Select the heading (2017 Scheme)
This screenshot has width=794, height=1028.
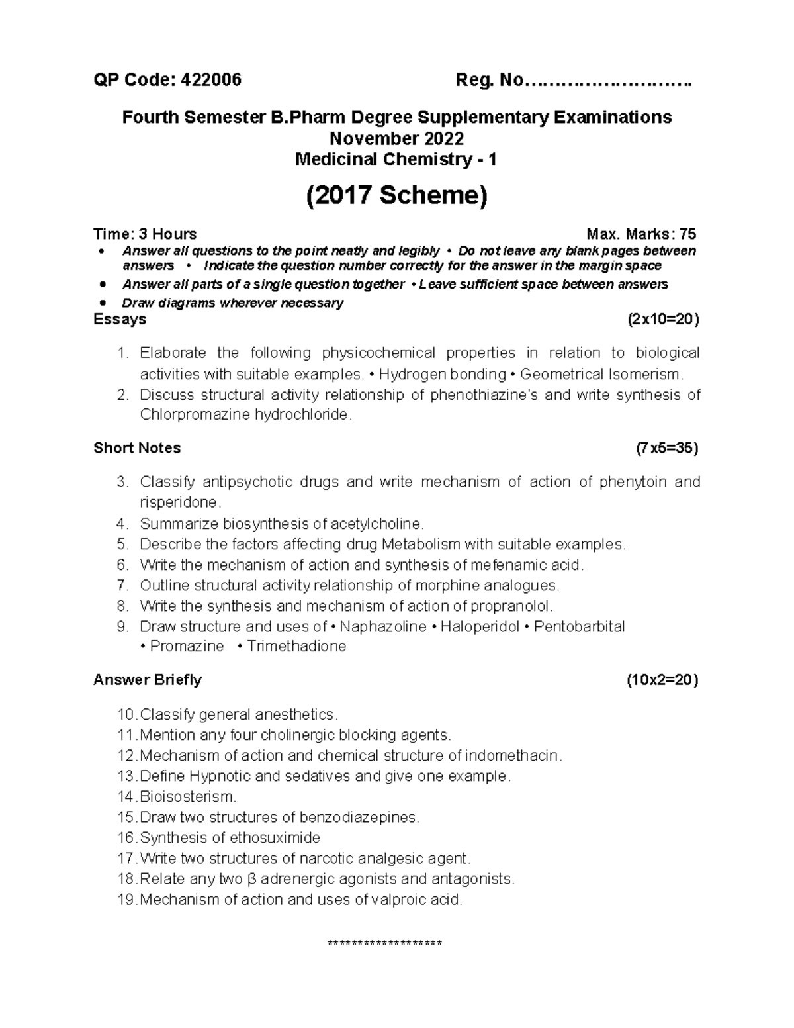click(396, 196)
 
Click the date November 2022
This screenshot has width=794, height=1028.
click(396, 138)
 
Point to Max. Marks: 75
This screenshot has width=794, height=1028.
click(641, 234)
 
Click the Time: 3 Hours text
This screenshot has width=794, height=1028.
click(145, 234)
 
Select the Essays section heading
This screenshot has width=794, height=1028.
click(120, 320)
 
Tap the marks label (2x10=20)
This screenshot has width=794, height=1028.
click(662, 320)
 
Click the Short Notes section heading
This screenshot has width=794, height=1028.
click(137, 448)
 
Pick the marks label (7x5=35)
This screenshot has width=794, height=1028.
click(666, 448)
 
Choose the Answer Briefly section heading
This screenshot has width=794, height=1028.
click(148, 680)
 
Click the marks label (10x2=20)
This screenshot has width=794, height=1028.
click(662, 680)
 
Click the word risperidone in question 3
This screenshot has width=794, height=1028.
click(177, 502)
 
